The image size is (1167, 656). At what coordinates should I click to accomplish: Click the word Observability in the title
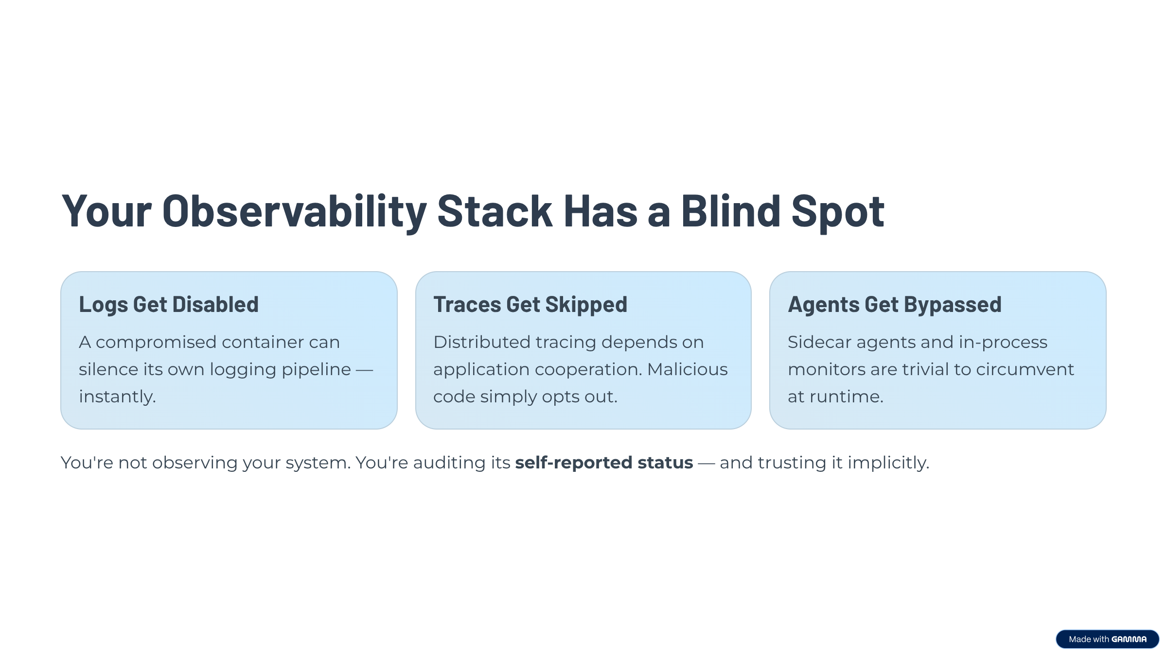point(294,211)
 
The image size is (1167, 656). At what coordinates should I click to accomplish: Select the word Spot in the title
point(837,211)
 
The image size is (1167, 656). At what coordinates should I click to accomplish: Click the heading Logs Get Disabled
point(169,305)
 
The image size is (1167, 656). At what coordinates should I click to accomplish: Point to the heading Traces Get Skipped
point(530,305)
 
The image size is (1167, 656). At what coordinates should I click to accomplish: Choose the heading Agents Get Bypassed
point(894,305)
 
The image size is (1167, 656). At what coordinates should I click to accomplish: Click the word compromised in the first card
point(156,343)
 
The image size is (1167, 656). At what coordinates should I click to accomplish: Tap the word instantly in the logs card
point(117,397)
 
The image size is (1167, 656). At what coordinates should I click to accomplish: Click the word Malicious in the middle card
point(687,370)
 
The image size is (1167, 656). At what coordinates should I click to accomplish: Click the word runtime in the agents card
point(846,397)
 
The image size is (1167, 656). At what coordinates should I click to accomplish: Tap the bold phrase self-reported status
point(604,463)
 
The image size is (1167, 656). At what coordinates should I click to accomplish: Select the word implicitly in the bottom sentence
point(888,463)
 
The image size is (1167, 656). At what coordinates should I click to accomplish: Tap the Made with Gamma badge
point(1107,639)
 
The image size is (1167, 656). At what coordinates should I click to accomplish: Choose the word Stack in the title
point(495,211)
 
